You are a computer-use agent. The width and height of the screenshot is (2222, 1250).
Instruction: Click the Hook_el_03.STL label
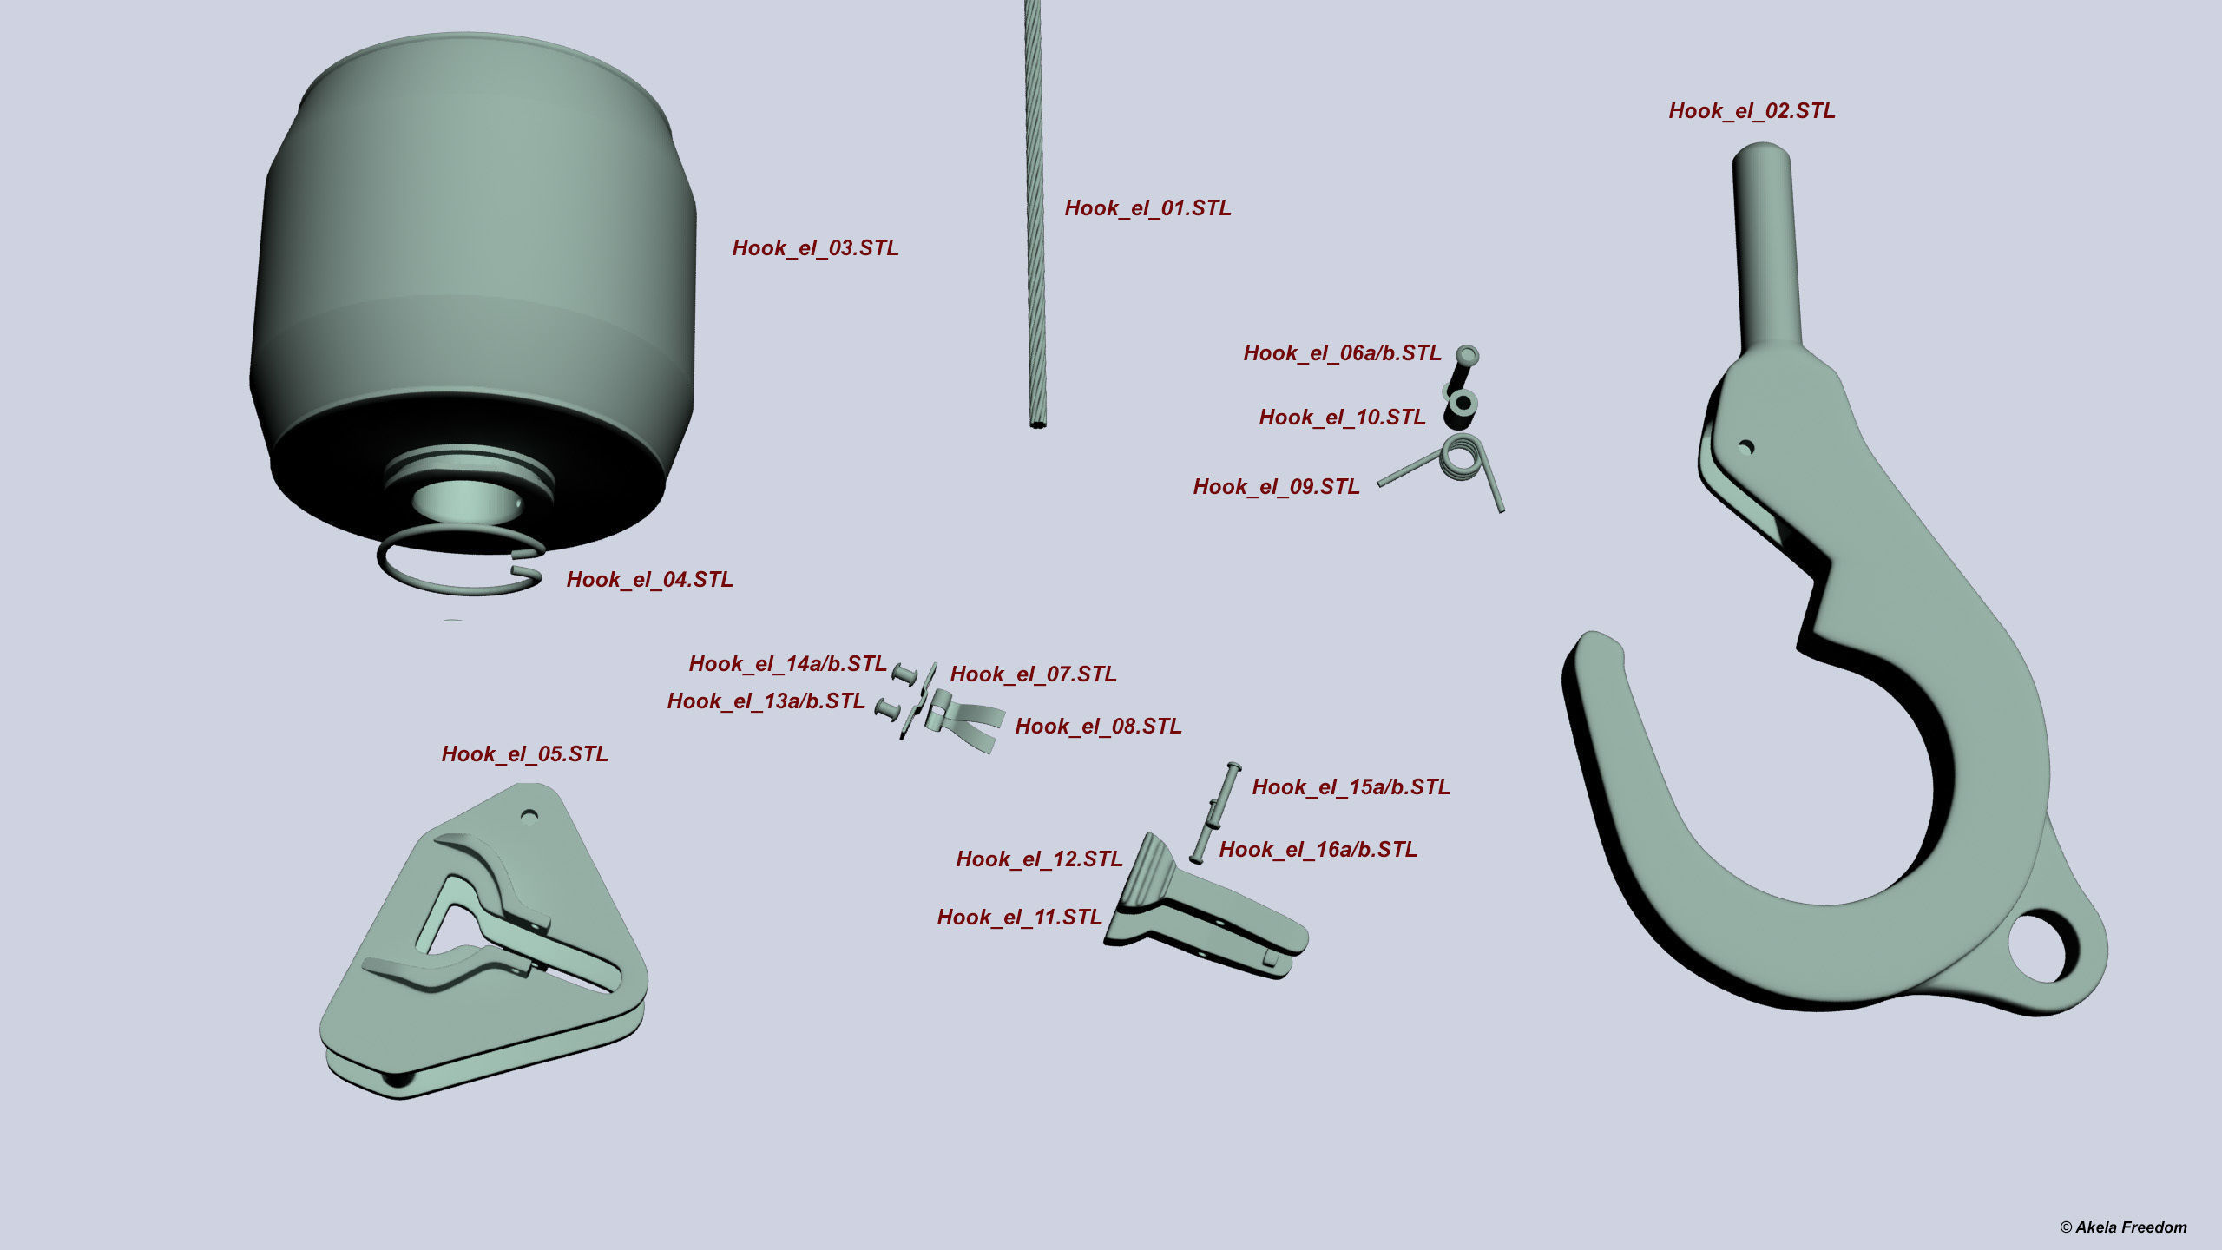pos(815,248)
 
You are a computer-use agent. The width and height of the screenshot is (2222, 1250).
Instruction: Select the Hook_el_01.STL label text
pos(1147,208)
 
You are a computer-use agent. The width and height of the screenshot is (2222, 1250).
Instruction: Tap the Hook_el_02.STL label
pos(1752,111)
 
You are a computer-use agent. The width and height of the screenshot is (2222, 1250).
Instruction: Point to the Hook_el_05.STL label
pos(524,754)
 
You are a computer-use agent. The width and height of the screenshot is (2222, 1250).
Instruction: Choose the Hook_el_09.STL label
pos(1276,487)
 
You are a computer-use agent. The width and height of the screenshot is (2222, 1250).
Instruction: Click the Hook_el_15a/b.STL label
pos(1351,787)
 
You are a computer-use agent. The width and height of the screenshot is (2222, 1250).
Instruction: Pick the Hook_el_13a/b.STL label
pos(766,701)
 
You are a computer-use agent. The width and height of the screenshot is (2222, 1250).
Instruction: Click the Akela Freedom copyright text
pos(2123,1227)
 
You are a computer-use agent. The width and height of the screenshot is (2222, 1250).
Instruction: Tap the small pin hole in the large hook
pos(1746,448)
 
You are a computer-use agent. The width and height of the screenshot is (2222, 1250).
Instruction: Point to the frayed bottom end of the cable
pos(1038,424)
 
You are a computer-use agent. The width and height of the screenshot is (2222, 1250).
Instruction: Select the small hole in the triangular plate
pos(529,816)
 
